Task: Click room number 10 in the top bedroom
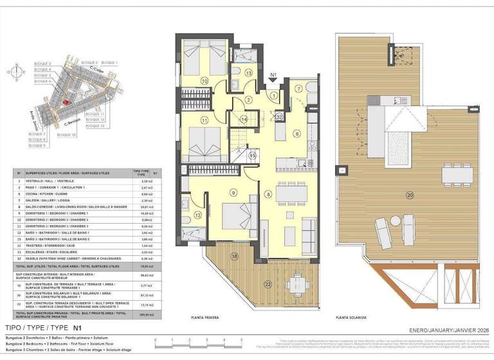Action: (205, 81)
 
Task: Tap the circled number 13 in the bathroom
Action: (249, 74)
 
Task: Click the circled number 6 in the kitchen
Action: (297, 134)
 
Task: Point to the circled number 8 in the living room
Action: (268, 194)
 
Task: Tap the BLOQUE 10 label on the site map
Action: (66, 135)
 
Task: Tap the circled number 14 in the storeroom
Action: (244, 120)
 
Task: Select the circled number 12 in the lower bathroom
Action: (198, 215)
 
